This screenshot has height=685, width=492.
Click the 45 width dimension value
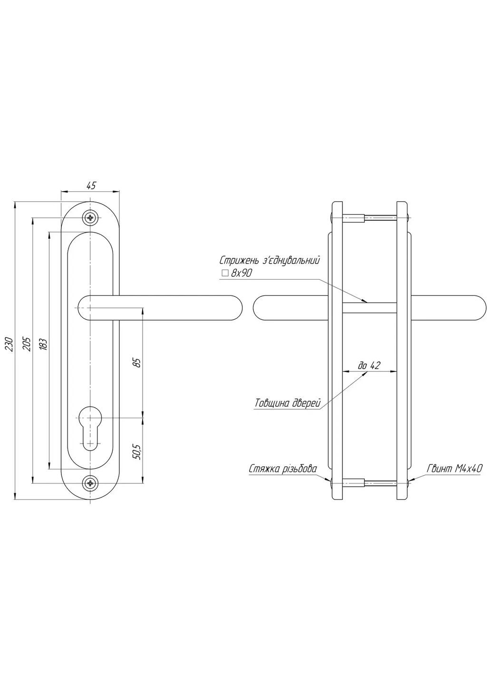[x=91, y=186]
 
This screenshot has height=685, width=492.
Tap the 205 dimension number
[x=27, y=344]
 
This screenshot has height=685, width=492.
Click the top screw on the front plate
[x=90, y=218]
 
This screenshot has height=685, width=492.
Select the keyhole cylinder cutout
[x=90, y=427]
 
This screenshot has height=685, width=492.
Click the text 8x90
[x=241, y=273]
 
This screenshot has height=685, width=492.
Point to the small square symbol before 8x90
[x=225, y=273]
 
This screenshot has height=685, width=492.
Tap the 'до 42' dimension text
[x=369, y=365]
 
